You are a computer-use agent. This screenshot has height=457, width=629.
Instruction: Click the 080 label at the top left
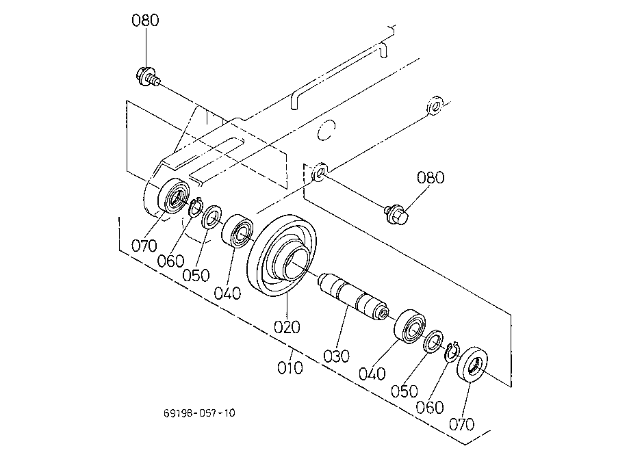(x=145, y=20)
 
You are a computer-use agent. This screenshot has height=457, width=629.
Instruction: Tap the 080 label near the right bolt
(x=431, y=178)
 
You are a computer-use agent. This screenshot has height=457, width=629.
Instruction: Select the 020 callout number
(x=287, y=327)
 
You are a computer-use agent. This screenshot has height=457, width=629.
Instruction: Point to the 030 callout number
(x=336, y=356)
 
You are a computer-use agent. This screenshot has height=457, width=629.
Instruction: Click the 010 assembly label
(x=290, y=367)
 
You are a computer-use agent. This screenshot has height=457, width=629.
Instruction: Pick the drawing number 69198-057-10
(x=199, y=413)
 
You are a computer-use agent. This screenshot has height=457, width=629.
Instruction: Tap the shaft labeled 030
(x=352, y=297)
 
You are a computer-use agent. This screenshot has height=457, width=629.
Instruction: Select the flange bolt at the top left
(x=148, y=77)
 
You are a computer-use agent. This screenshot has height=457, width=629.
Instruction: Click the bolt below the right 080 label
(x=396, y=214)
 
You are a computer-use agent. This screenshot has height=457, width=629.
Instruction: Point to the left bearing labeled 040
(x=238, y=232)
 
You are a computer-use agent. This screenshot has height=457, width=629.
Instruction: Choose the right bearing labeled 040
(x=411, y=326)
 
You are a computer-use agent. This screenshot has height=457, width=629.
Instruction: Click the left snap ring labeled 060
(x=195, y=207)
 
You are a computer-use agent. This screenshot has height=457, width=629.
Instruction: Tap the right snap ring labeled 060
(x=452, y=352)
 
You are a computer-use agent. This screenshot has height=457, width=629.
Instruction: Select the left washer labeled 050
(x=211, y=217)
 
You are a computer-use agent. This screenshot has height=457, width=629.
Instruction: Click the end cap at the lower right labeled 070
(x=472, y=365)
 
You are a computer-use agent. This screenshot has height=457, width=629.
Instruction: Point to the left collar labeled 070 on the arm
(x=174, y=195)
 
